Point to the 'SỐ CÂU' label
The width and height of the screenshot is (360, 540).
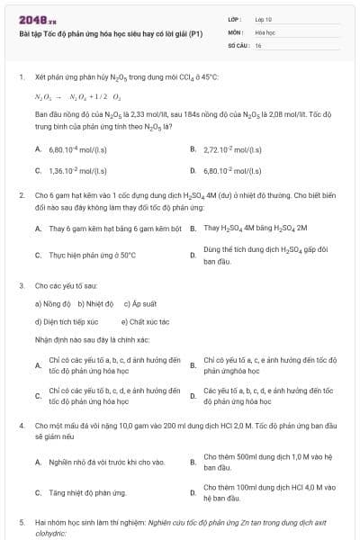pyautogui.click(x=238, y=44)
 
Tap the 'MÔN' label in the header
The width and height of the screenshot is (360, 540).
pyautogui.click(x=235, y=31)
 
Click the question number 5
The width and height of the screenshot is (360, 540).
pyautogui.click(x=22, y=522)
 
